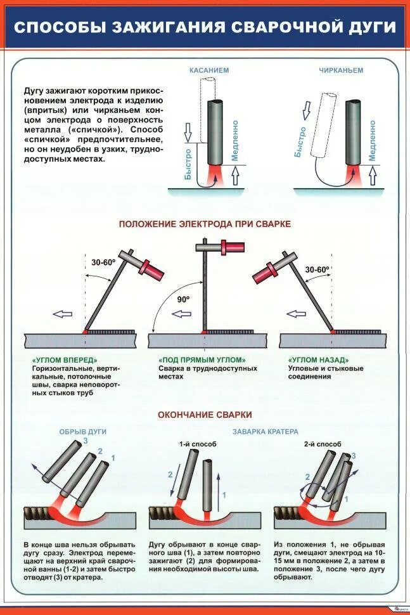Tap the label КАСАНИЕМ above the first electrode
click(x=210, y=70)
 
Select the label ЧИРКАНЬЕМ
click(x=341, y=70)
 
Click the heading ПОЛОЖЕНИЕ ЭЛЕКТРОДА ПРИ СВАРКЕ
click(x=205, y=224)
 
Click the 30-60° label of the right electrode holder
click(x=317, y=269)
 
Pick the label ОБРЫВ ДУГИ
click(x=82, y=432)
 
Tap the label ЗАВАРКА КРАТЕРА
click(x=265, y=432)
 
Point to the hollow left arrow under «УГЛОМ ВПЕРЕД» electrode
click(x=61, y=313)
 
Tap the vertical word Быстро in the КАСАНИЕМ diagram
click(x=188, y=164)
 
